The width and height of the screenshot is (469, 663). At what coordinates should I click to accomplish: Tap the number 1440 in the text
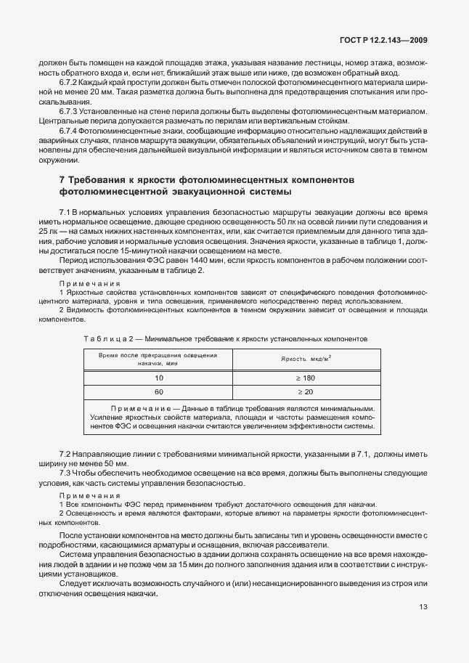(x=165, y=259)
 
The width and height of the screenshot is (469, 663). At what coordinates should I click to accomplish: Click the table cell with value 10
(x=158, y=378)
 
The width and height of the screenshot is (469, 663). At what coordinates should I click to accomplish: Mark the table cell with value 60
(x=158, y=392)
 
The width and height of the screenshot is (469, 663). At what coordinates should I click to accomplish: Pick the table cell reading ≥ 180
(x=306, y=378)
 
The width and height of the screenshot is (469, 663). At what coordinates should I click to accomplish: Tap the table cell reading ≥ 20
(x=306, y=392)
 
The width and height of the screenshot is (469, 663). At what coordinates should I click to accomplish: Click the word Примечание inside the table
(x=139, y=408)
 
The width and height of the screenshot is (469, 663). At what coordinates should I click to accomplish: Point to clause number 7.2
(x=65, y=454)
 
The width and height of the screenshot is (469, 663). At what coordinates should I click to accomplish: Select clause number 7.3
(x=65, y=473)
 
